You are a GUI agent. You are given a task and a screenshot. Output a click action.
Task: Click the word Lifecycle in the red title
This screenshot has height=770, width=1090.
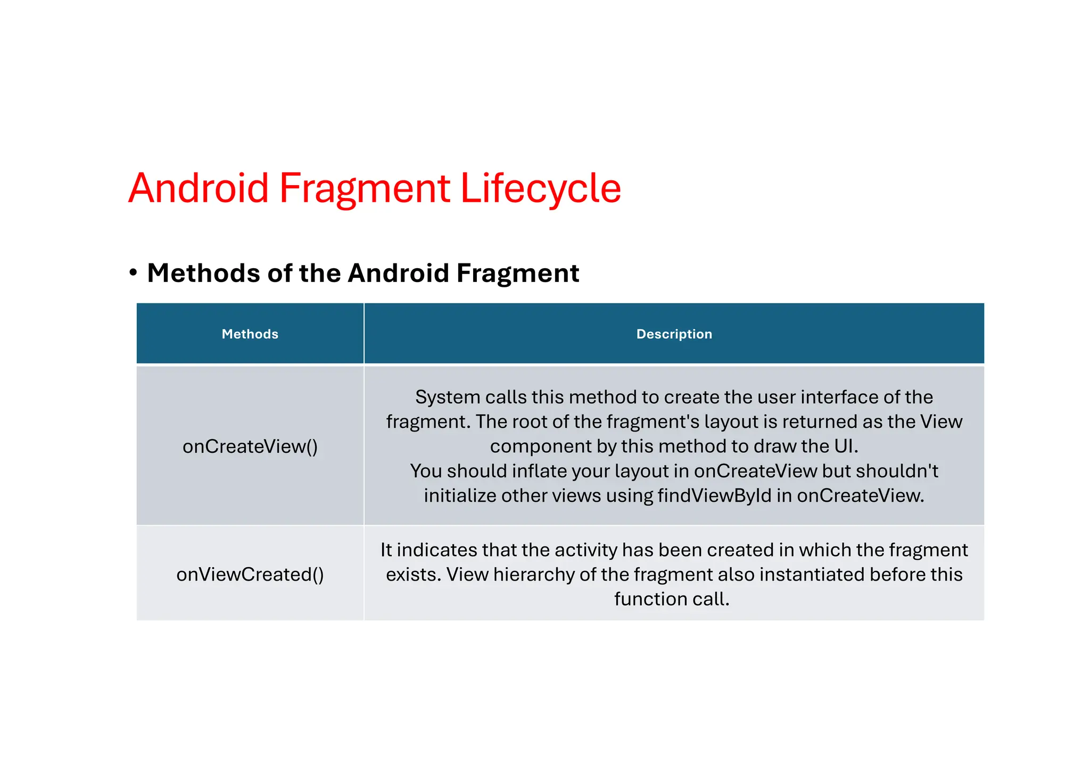540,188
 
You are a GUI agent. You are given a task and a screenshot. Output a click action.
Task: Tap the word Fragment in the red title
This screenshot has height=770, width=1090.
365,188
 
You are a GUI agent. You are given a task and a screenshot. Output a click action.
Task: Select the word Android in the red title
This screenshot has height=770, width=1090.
199,188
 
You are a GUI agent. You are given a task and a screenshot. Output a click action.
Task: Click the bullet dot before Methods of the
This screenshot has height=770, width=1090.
133,273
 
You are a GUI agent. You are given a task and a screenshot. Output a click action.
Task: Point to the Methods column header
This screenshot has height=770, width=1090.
250,334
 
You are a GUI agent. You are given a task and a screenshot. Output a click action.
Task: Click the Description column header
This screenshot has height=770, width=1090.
674,334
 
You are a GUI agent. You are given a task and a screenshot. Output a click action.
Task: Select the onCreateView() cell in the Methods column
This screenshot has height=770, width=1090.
250,446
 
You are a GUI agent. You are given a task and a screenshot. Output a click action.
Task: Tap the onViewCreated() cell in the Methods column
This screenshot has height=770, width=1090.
250,574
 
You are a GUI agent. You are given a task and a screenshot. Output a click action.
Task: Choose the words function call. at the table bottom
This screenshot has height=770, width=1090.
672,599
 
